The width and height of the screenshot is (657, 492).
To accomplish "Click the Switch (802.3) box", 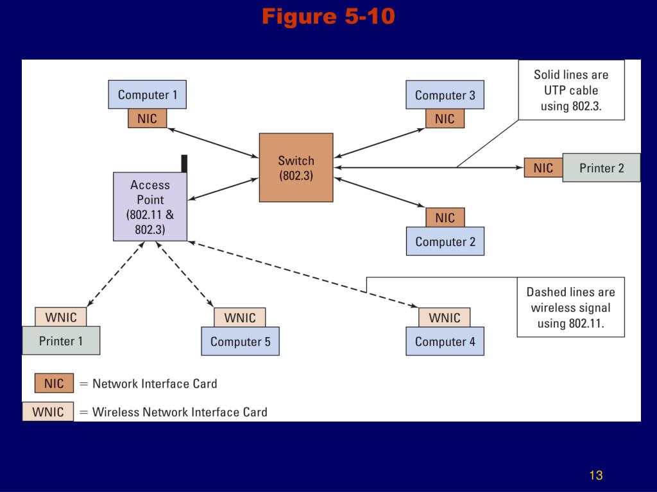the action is coord(296,168).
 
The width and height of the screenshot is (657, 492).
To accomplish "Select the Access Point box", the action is coord(150,207).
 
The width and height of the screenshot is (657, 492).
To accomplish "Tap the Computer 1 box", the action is coord(147,95).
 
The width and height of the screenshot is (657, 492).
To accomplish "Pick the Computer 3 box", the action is coord(445,95).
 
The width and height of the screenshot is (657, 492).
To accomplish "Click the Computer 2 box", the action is coord(445,242).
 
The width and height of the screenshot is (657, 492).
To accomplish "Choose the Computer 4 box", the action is coord(445,341).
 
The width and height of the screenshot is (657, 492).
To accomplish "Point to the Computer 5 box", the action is coord(240,341).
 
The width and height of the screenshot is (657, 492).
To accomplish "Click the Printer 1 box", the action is coord(61,341).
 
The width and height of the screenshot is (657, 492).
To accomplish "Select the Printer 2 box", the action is coord(601,168).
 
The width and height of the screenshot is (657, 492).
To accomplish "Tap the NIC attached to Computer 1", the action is coord(147,119).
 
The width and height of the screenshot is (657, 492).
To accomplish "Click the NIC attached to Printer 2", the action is coord(543,168).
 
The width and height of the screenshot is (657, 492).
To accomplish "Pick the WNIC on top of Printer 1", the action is coord(61,317).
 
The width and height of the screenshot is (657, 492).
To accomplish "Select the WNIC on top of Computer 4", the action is coord(445,318).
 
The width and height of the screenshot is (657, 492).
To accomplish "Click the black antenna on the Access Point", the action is coord(184,163).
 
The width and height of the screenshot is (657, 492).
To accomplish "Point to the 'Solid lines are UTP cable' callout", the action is coord(572,90).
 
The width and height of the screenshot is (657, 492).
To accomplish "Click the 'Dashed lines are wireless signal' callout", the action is coord(570,307).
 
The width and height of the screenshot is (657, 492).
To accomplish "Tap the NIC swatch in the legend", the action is coord(54,383).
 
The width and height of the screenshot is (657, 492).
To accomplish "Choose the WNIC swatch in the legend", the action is coord(47,412).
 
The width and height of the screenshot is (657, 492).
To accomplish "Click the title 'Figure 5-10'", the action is coord(328,17).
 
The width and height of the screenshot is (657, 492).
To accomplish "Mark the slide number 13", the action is coord(596,475).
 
